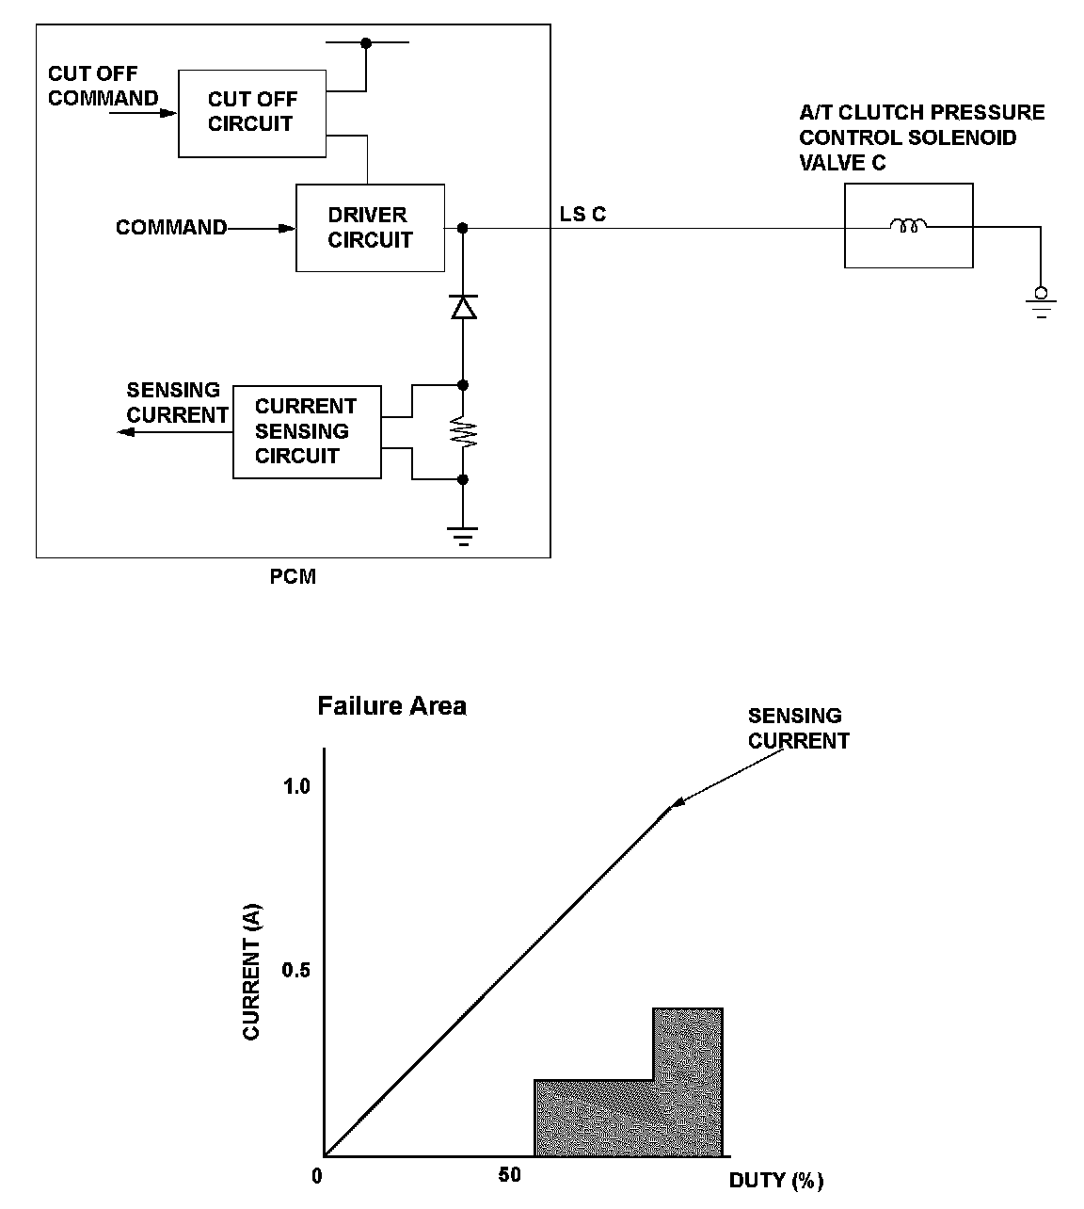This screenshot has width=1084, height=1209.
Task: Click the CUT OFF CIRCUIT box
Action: (251, 112)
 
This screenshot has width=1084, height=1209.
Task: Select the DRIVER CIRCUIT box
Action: (370, 228)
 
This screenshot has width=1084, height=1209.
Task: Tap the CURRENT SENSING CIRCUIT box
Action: (307, 431)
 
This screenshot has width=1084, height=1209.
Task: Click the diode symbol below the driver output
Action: (463, 307)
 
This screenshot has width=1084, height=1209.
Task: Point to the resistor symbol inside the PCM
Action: (463, 432)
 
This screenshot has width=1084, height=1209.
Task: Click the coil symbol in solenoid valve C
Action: (908, 226)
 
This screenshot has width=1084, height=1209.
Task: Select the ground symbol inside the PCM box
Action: (463, 537)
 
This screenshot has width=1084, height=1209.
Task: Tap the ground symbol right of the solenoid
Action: (1040, 303)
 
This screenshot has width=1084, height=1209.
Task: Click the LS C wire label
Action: (583, 215)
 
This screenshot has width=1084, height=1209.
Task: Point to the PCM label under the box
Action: (293, 577)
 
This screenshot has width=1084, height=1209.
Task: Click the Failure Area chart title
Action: (391, 706)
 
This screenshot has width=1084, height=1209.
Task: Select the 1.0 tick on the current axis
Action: (296, 786)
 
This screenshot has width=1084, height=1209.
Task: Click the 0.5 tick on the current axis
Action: (296, 971)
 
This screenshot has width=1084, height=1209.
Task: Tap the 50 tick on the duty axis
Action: (509, 1175)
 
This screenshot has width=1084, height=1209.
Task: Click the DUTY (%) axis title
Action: (776, 1181)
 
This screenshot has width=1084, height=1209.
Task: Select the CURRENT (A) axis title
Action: (251, 973)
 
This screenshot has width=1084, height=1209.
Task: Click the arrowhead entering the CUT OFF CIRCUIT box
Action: (169, 113)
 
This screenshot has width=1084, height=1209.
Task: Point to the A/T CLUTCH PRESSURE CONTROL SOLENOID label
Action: (921, 137)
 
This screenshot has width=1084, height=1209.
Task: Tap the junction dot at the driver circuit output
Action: (463, 228)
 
